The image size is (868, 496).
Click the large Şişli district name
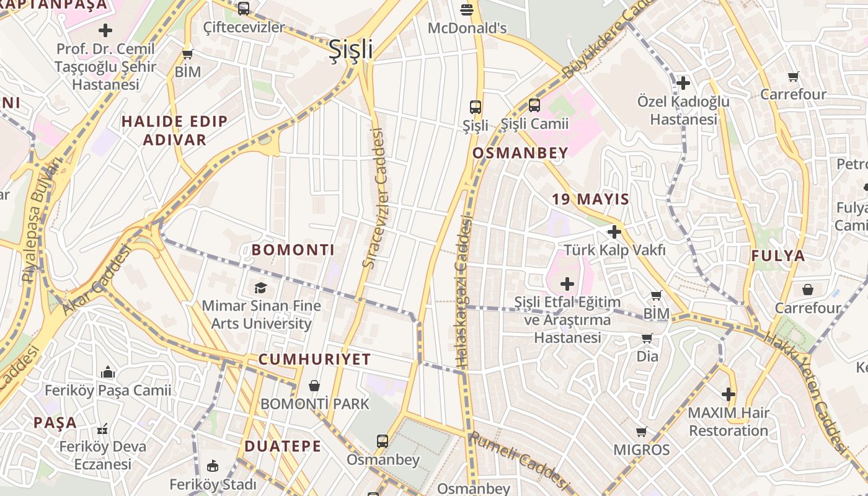click(x=350, y=49)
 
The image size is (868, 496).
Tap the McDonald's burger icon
click(x=467, y=10)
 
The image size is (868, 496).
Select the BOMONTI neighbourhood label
click(x=293, y=250)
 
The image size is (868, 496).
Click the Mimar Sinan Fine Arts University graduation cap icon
click(x=261, y=288)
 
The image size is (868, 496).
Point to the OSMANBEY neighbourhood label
click(x=520, y=153)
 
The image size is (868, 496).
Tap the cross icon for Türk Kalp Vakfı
click(x=614, y=232)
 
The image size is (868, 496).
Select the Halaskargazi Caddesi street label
click(x=463, y=291)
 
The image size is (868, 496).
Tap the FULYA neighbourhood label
click(x=778, y=255)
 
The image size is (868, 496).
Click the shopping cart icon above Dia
click(x=647, y=339)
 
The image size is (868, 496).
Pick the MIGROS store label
click(x=642, y=449)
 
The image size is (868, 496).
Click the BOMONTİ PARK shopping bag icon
click(x=314, y=386)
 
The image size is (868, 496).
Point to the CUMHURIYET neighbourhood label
click(x=314, y=359)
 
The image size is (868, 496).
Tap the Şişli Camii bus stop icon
click(x=534, y=105)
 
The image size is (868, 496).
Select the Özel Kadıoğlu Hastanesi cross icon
click(x=683, y=82)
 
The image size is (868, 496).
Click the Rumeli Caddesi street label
click(x=518, y=461)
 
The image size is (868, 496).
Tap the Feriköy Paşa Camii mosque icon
click(x=108, y=372)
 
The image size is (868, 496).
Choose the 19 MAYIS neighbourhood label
click(x=590, y=199)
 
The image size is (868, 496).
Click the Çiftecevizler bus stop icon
click(x=244, y=9)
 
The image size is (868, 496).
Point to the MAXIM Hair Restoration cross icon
click(x=728, y=394)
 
